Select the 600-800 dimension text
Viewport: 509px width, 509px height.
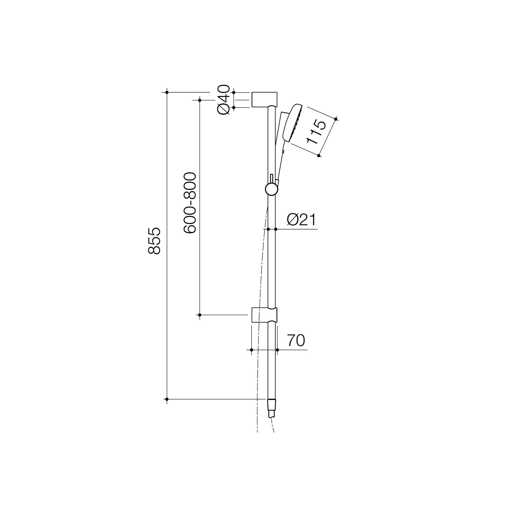pos(190,203)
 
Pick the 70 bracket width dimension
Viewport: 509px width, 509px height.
pos(296,341)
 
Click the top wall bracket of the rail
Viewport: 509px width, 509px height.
pos(264,99)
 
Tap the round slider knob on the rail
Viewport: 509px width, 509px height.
pos(271,189)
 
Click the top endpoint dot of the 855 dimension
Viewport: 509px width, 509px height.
pos(167,92)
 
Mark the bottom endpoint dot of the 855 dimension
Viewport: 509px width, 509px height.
pos(167,399)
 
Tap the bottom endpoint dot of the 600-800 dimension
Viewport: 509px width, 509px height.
pos(200,315)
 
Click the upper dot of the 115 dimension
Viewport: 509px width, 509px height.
pos(336,119)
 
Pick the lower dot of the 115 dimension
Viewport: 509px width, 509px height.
pos(319,155)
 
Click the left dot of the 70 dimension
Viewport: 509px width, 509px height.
pos(251,350)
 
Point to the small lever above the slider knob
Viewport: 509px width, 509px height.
pos(272,179)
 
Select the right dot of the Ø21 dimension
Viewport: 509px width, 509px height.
pos(275,229)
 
